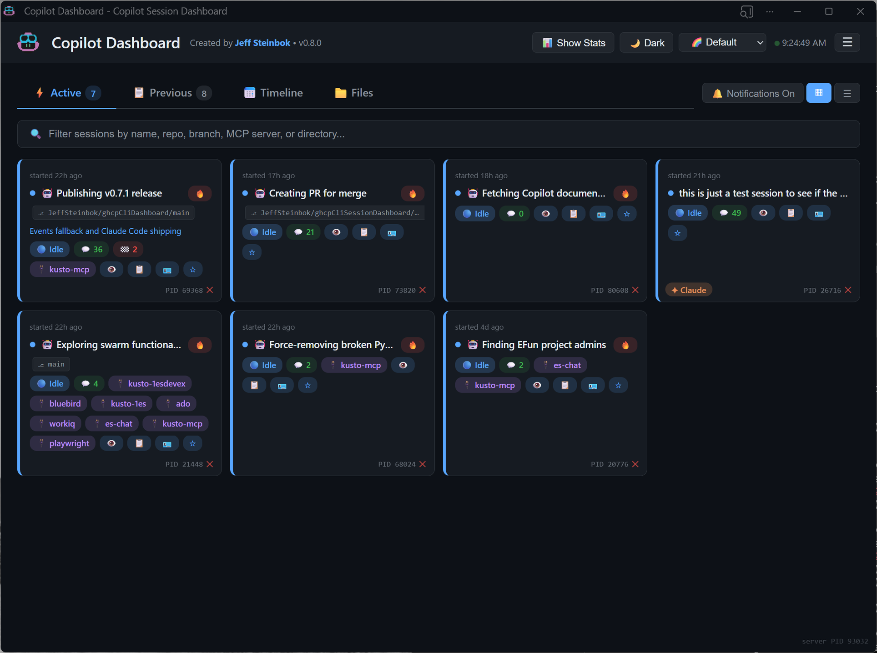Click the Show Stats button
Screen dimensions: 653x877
[573, 43]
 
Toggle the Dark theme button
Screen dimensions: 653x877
[646, 43]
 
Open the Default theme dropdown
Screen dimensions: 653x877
[722, 43]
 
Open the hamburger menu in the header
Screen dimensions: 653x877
[847, 42]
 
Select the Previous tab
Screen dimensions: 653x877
[171, 93]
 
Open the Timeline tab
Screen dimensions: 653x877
[273, 93]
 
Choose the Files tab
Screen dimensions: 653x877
[354, 93]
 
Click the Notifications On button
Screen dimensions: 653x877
[753, 93]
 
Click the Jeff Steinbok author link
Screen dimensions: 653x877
[262, 43]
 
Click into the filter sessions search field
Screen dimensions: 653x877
[437, 134]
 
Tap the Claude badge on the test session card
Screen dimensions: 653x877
[689, 290]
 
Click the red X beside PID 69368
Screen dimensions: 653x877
[210, 290]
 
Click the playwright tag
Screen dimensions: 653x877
[63, 443]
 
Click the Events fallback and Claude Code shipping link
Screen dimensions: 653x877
[105, 231]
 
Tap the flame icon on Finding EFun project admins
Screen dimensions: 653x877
[625, 345]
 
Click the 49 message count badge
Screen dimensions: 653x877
[730, 213]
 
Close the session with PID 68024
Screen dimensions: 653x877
[423, 464]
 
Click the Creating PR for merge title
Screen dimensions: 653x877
[318, 193]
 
